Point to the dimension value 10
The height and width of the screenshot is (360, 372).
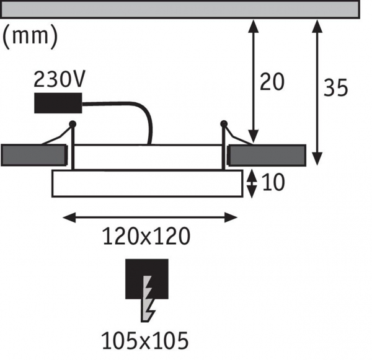click(274, 183)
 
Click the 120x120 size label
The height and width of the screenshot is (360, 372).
click(146, 236)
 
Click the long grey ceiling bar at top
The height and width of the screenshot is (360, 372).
click(180, 9)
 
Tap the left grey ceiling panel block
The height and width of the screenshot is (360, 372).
click(33, 154)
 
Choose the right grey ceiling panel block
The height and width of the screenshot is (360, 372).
click(267, 155)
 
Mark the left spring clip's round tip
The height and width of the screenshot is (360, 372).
click(73, 124)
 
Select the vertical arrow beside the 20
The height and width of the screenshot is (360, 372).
click(253, 81)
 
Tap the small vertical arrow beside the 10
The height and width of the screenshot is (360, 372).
click(251, 183)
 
